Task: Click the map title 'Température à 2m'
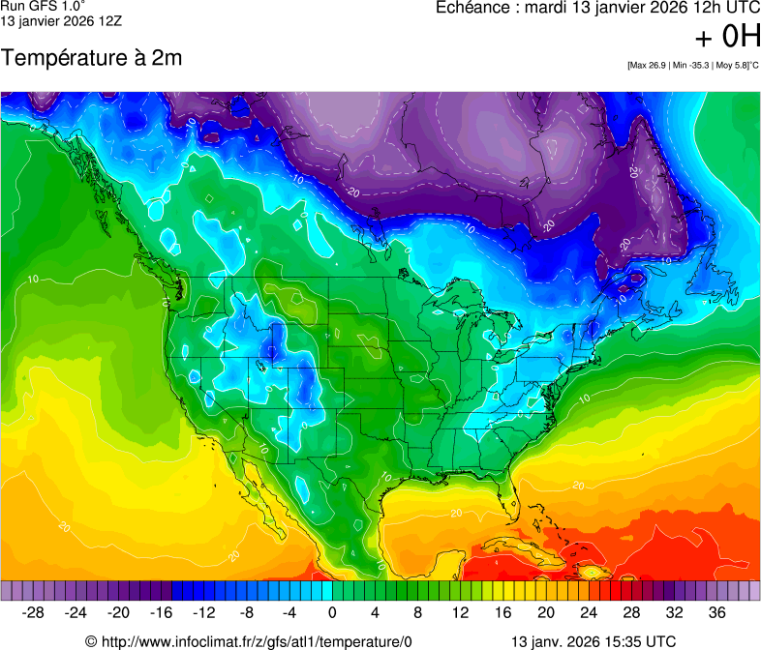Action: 91,58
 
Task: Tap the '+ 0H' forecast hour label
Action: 727,37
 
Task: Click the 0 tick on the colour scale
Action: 332,612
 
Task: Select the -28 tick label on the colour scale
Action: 34,612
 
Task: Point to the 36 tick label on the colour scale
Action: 716,612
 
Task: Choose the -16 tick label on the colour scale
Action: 162,612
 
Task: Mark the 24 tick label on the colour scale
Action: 589,612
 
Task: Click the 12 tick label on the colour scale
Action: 460,612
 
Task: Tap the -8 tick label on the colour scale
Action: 247,612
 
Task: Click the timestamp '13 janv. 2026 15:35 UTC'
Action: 593,640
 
